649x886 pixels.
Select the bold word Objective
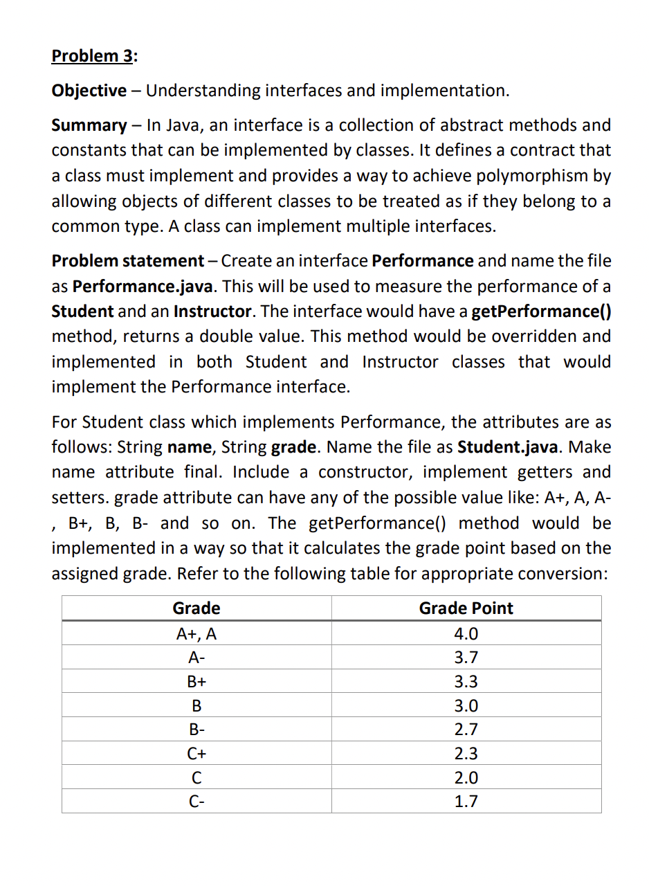click(x=89, y=91)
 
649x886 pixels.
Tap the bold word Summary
click(x=89, y=125)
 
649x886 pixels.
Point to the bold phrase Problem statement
click(x=127, y=261)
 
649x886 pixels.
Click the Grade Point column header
click(x=466, y=608)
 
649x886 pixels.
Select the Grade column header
click(x=196, y=608)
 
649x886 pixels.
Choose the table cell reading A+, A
click(x=196, y=634)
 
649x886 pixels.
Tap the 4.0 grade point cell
click(x=466, y=634)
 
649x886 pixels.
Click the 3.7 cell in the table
click(x=466, y=658)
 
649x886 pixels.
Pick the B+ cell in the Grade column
click(x=196, y=682)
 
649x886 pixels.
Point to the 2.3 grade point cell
click(x=466, y=754)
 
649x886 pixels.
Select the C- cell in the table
click(x=196, y=802)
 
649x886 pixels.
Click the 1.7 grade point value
click(x=466, y=802)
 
